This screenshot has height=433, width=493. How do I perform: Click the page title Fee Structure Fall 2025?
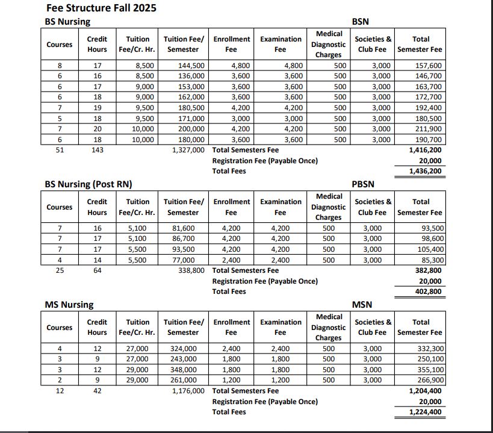[101, 9]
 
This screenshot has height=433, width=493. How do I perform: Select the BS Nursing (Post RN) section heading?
[88, 184]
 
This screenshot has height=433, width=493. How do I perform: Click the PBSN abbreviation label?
[362, 184]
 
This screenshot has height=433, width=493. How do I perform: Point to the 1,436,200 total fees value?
[426, 171]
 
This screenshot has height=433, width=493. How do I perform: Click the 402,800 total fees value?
[429, 291]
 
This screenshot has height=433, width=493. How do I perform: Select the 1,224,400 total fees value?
[426, 412]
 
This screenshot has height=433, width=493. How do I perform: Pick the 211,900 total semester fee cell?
[429, 129]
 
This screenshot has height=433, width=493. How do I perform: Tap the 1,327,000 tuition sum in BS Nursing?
[188, 150]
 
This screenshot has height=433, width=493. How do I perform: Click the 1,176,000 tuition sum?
[188, 391]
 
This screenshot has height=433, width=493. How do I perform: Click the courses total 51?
[59, 150]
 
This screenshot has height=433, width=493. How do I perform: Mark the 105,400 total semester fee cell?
[430, 249]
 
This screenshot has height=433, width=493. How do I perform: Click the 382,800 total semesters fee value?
[429, 270]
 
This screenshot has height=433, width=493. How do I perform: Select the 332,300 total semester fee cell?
[430, 349]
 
